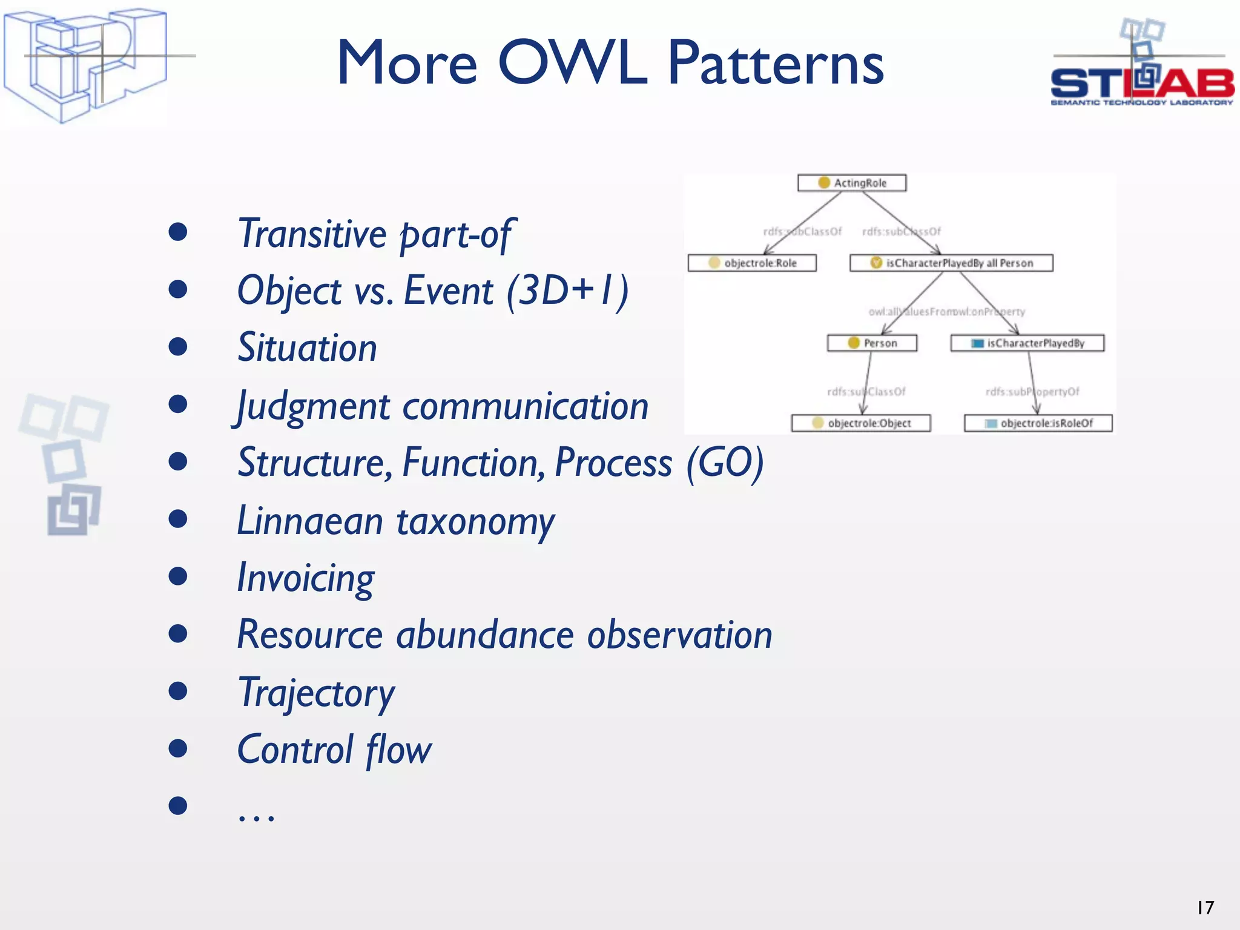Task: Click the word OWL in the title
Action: (x=572, y=62)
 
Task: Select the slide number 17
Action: (x=1205, y=908)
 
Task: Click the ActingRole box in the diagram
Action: (x=852, y=183)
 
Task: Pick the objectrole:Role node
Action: (x=752, y=263)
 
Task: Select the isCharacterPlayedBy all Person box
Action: (x=951, y=263)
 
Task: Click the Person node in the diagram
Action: (x=872, y=343)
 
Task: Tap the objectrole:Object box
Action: (x=860, y=423)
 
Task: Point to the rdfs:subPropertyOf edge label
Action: (x=1032, y=392)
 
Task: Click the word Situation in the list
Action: (x=307, y=348)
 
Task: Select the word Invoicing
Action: (x=306, y=578)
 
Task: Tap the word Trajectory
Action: (x=316, y=693)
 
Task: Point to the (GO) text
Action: (x=725, y=463)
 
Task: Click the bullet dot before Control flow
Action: (x=177, y=748)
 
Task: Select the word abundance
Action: (x=484, y=635)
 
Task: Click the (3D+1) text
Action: (x=567, y=291)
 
